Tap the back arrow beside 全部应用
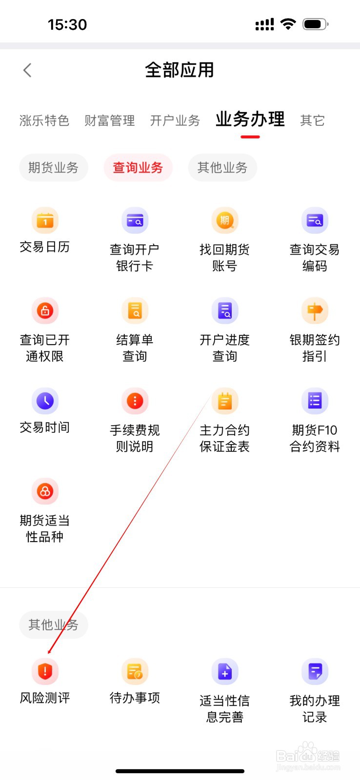[x=27, y=70]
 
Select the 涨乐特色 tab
[x=44, y=120]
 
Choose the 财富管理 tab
[x=109, y=120]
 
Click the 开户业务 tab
[x=175, y=120]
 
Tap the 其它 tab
[x=312, y=120]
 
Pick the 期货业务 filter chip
[x=53, y=168]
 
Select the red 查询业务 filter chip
[x=138, y=168]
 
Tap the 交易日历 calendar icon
[x=45, y=220]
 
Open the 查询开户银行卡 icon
[x=135, y=220]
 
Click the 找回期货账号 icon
[x=224, y=220]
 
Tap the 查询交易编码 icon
[x=315, y=220]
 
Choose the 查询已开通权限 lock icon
[x=45, y=311]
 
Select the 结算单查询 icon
[x=135, y=311]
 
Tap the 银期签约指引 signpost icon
[x=315, y=311]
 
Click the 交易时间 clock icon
[x=45, y=401]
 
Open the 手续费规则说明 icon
[x=135, y=401]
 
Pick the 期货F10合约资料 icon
[x=315, y=401]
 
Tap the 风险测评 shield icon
[x=45, y=671]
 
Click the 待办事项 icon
[x=135, y=671]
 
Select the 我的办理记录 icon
[x=315, y=671]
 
